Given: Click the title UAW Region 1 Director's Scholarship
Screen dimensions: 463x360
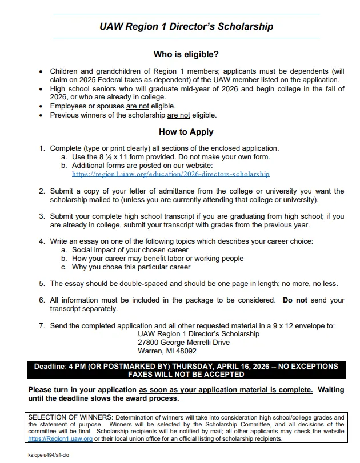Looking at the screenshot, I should [186, 26].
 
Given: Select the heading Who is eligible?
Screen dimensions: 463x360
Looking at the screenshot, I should [186, 54].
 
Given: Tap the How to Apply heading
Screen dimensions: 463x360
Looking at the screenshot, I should [186, 132].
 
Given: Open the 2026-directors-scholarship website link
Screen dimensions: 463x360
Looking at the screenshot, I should [170, 174].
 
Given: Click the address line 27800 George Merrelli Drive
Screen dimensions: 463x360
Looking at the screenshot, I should [183, 343].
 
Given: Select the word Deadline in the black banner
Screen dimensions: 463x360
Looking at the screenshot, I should [50, 366].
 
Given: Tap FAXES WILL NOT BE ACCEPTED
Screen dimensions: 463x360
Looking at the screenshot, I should [186, 375].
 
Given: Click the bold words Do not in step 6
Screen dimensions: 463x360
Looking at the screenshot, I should [295, 300].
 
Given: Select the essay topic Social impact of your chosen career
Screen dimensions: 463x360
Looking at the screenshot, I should [130, 250].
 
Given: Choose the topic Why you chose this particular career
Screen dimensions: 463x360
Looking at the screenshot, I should [131, 267].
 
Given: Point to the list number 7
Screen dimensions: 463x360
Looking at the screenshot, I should [42, 326].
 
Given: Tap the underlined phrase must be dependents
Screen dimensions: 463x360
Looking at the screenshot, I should [293, 71].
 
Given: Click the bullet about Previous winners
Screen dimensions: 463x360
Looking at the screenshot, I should [133, 115].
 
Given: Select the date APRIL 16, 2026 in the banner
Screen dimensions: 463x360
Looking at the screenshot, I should [221, 366].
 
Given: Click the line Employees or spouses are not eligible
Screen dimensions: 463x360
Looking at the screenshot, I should [113, 106].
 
